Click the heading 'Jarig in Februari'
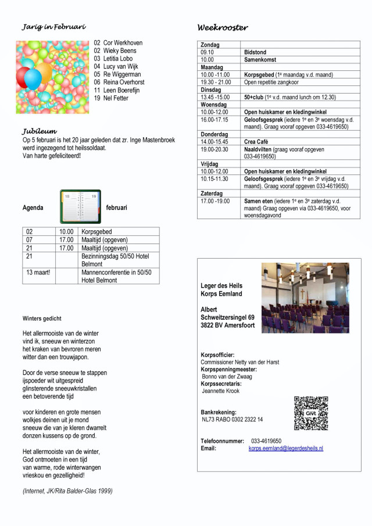coord(54,27)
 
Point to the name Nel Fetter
coord(112,98)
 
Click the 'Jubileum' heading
coord(40,131)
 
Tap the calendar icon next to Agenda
coord(80,207)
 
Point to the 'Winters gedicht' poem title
coord(42,319)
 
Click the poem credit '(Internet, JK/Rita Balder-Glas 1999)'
coord(67,491)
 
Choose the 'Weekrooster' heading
coord(223,27)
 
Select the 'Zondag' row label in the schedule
coord(210,45)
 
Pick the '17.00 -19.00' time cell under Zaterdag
coord(215,201)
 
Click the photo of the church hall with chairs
coord(305,298)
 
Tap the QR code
coord(311,413)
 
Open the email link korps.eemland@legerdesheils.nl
coord(286,449)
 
